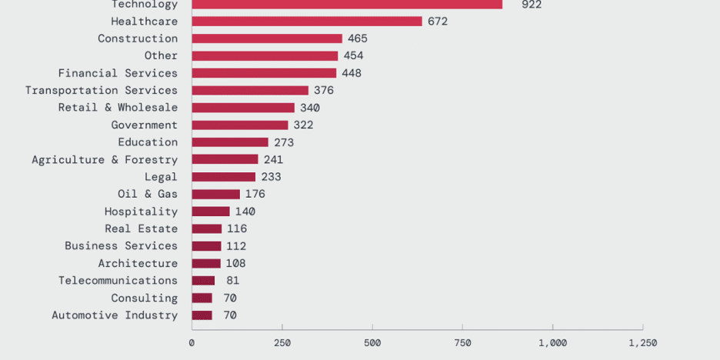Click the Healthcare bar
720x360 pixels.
click(x=306, y=22)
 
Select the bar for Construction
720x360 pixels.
click(x=266, y=38)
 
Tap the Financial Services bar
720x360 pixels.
click(x=264, y=73)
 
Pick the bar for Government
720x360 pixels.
click(x=239, y=125)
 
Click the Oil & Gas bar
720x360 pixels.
click(x=215, y=194)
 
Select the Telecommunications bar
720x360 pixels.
click(x=203, y=281)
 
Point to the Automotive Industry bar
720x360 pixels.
click(x=202, y=315)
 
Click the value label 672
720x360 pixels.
click(x=438, y=22)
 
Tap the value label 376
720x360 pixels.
click(x=324, y=91)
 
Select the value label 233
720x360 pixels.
click(x=271, y=177)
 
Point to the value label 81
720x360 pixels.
click(x=232, y=281)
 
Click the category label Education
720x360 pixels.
click(x=148, y=142)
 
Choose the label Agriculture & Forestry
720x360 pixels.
click(x=105, y=160)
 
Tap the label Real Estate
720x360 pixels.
click(x=141, y=228)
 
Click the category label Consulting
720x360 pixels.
click(x=144, y=298)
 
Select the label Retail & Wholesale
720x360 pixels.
click(x=118, y=108)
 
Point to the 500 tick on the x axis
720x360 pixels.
click(x=372, y=343)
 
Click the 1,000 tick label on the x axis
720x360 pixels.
click(x=552, y=343)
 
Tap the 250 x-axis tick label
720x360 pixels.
click(x=282, y=343)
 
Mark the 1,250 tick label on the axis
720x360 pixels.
click(x=642, y=343)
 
